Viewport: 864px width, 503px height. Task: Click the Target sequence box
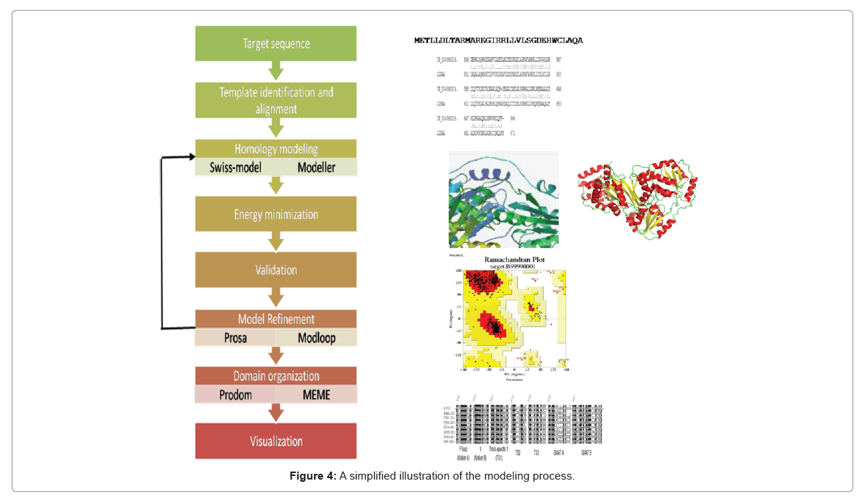[275, 44]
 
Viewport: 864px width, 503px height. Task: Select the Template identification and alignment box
[275, 100]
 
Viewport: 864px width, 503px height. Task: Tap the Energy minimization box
[275, 214]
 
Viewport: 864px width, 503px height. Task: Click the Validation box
[275, 270]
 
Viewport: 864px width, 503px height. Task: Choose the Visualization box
[275, 441]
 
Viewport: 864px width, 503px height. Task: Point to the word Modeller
[316, 167]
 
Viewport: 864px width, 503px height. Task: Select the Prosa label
[235, 338]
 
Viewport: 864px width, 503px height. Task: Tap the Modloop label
[316, 338]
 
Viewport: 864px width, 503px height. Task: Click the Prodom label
[235, 395]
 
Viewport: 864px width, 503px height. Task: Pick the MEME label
[316, 395]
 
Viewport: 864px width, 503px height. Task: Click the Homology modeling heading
[275, 149]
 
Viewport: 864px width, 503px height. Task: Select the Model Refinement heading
[275, 319]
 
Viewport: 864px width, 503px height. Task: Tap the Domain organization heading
[275, 376]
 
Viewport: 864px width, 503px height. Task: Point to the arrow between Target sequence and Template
[275, 71]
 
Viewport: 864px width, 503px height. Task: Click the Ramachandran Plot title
[514, 260]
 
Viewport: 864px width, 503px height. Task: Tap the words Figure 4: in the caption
[313, 477]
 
